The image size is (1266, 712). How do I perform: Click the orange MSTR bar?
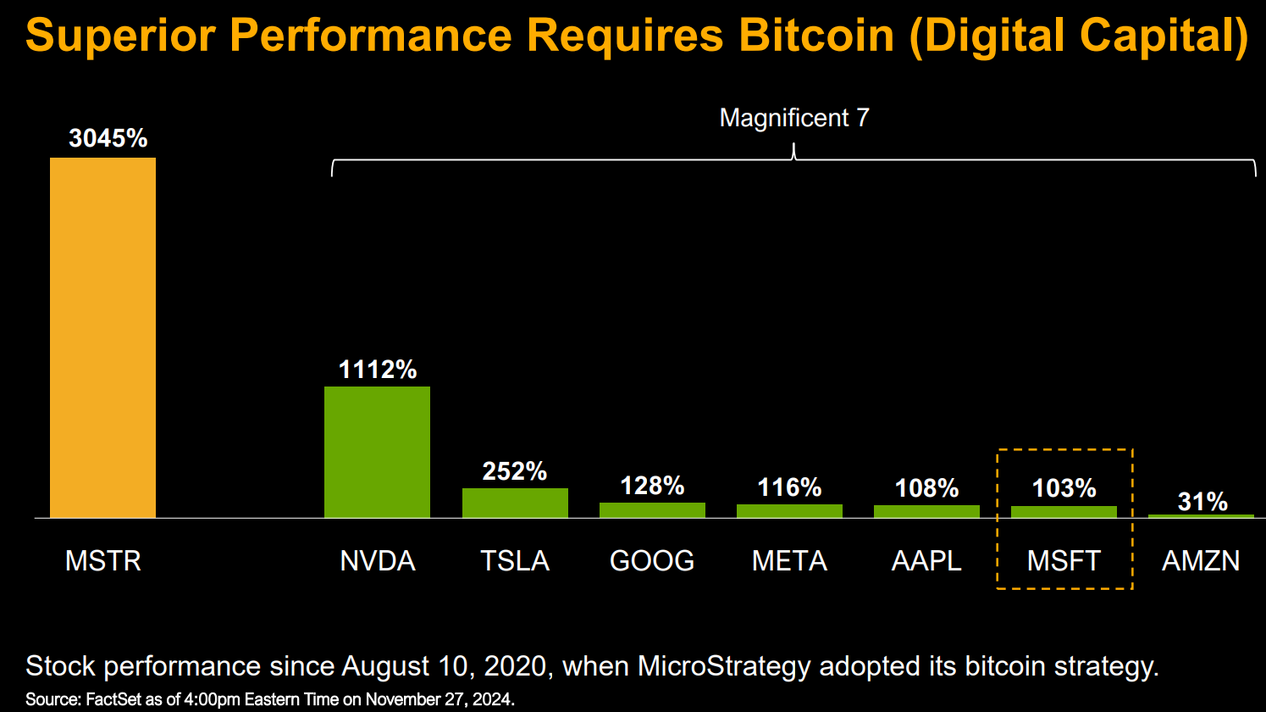click(x=102, y=337)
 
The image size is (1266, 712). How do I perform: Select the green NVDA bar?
click(x=377, y=452)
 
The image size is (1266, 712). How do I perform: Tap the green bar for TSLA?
click(x=515, y=503)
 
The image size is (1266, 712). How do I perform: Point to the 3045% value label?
click(x=108, y=138)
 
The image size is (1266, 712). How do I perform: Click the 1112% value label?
click(x=378, y=370)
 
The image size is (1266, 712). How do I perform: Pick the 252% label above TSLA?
click(x=515, y=471)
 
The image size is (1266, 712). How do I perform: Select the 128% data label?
click(x=652, y=486)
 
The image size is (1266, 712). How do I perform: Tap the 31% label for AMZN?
click(x=1202, y=501)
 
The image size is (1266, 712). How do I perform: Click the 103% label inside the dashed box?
click(x=1064, y=488)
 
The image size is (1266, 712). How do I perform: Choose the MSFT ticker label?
click(x=1064, y=561)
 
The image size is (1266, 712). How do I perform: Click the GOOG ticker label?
click(x=652, y=561)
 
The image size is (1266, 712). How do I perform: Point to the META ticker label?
click(x=789, y=561)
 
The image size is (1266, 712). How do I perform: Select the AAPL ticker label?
click(x=926, y=561)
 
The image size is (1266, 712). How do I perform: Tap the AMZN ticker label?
click(x=1201, y=561)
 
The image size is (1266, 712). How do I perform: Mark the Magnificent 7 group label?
click(x=794, y=118)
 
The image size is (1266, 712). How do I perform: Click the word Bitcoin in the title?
click(x=816, y=36)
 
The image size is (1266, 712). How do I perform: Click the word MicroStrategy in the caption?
click(x=724, y=666)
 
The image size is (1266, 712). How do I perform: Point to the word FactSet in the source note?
click(x=113, y=699)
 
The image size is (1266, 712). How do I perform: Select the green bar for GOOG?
click(x=652, y=510)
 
